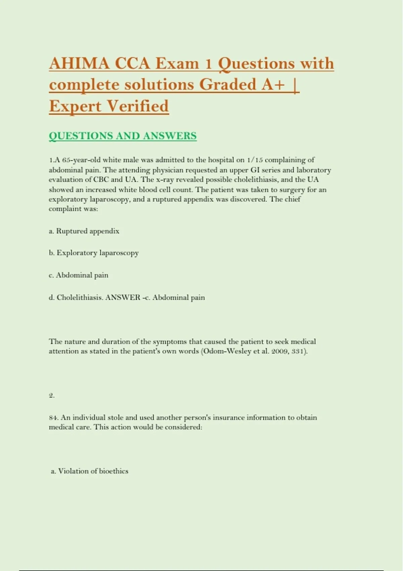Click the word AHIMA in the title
coord(79,63)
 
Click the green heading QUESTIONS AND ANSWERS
coord(123,136)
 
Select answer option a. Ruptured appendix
coord(84,231)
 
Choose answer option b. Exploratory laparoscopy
coord(94,253)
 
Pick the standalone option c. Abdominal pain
coord(79,275)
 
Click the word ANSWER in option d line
coord(123,298)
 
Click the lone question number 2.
coord(51,395)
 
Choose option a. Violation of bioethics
coord(89,471)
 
